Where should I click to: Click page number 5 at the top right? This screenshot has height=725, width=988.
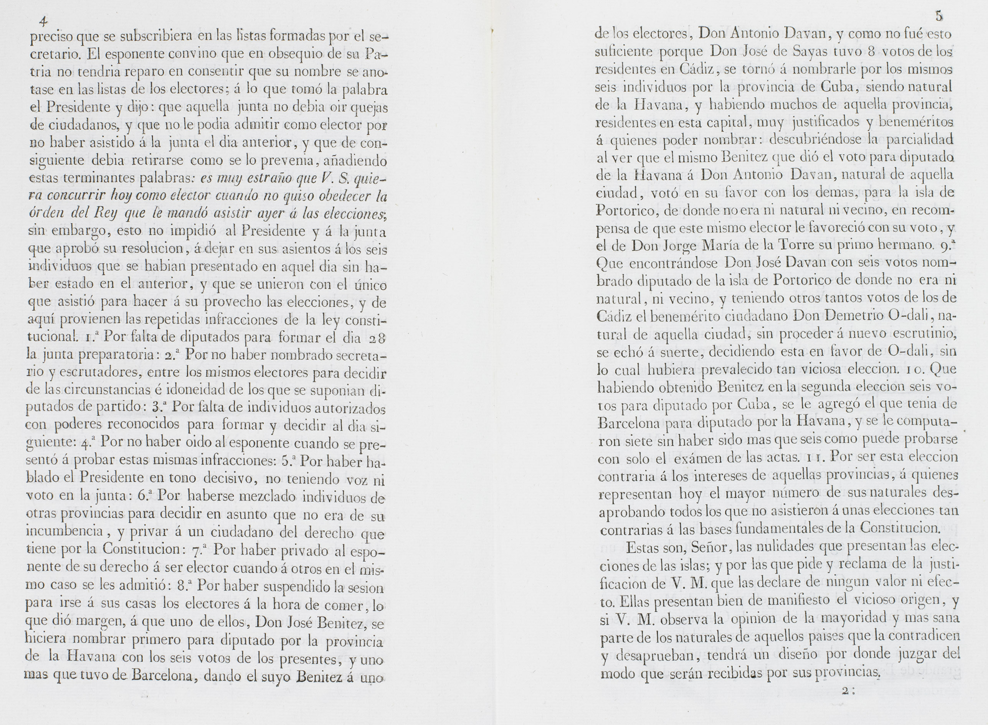click(x=939, y=16)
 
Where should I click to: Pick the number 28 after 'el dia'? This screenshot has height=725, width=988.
click(x=377, y=338)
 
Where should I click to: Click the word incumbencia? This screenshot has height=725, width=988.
click(x=64, y=531)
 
